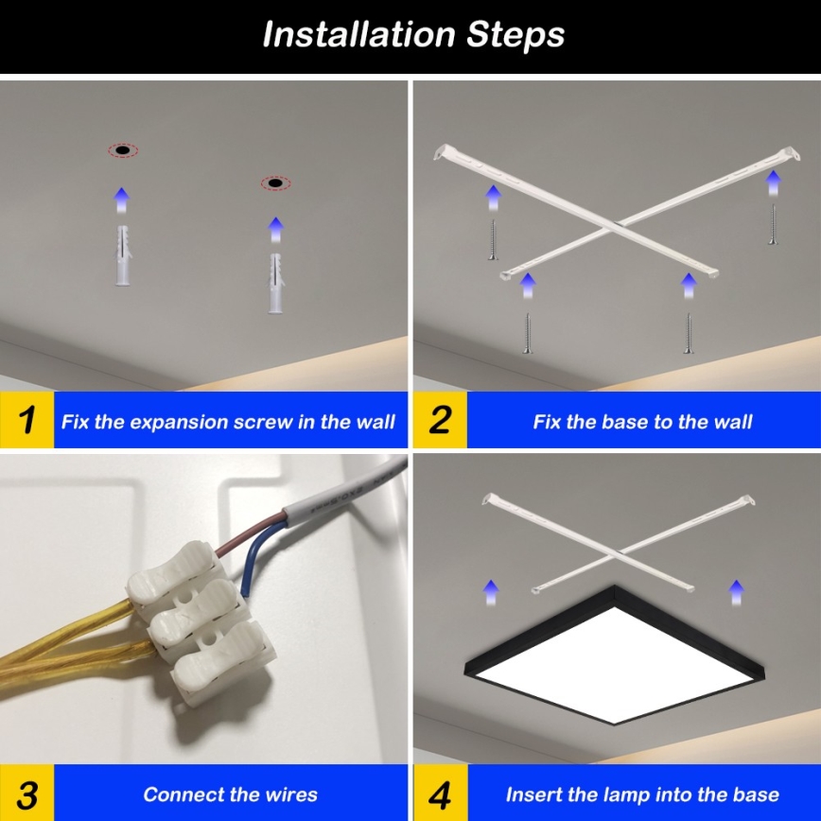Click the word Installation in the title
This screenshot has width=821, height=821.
[x=358, y=35]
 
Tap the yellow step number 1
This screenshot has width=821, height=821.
[x=27, y=420]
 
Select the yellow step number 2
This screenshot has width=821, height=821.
[x=440, y=420]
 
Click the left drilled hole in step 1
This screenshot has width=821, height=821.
[x=122, y=150]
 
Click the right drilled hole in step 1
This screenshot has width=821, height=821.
[x=275, y=182]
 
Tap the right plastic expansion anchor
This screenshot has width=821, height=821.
[x=275, y=285]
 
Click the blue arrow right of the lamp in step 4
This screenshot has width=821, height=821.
[x=736, y=593]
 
